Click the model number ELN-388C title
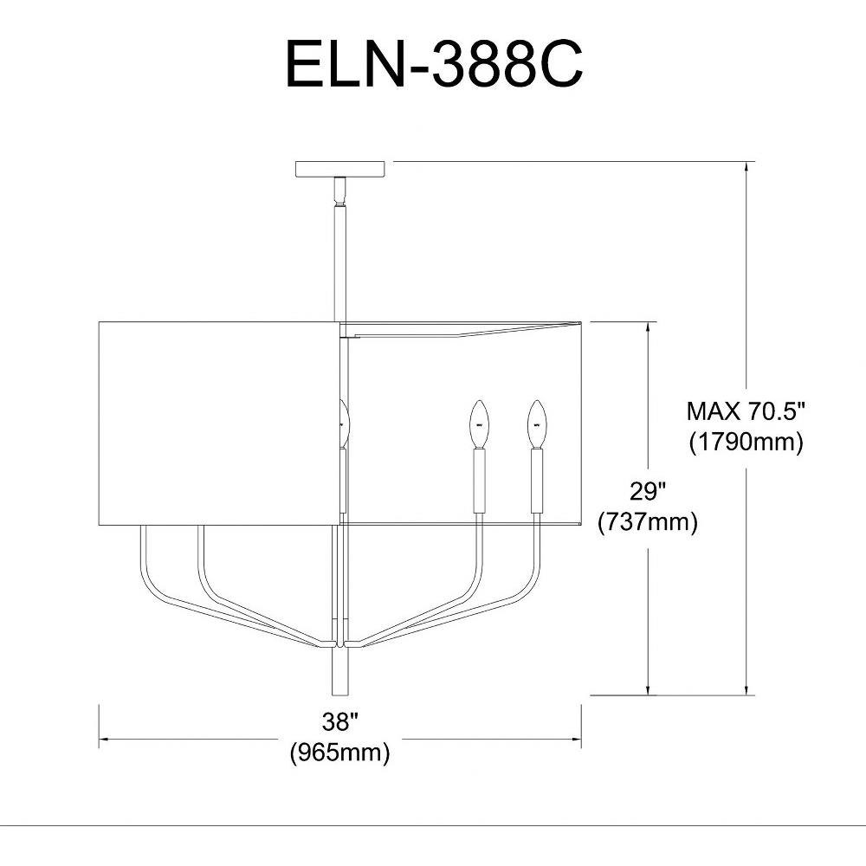pyautogui.click(x=434, y=64)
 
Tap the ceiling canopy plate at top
pyautogui.click(x=339, y=169)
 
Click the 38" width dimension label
pyautogui.click(x=340, y=721)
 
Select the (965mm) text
pyautogui.click(x=340, y=752)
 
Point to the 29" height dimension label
pyautogui.click(x=648, y=490)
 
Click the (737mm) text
pyautogui.click(x=648, y=521)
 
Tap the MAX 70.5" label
pyautogui.click(x=746, y=411)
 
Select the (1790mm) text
pyautogui.click(x=746, y=442)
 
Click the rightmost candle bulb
pyautogui.click(x=537, y=423)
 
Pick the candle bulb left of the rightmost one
pyautogui.click(x=480, y=423)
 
